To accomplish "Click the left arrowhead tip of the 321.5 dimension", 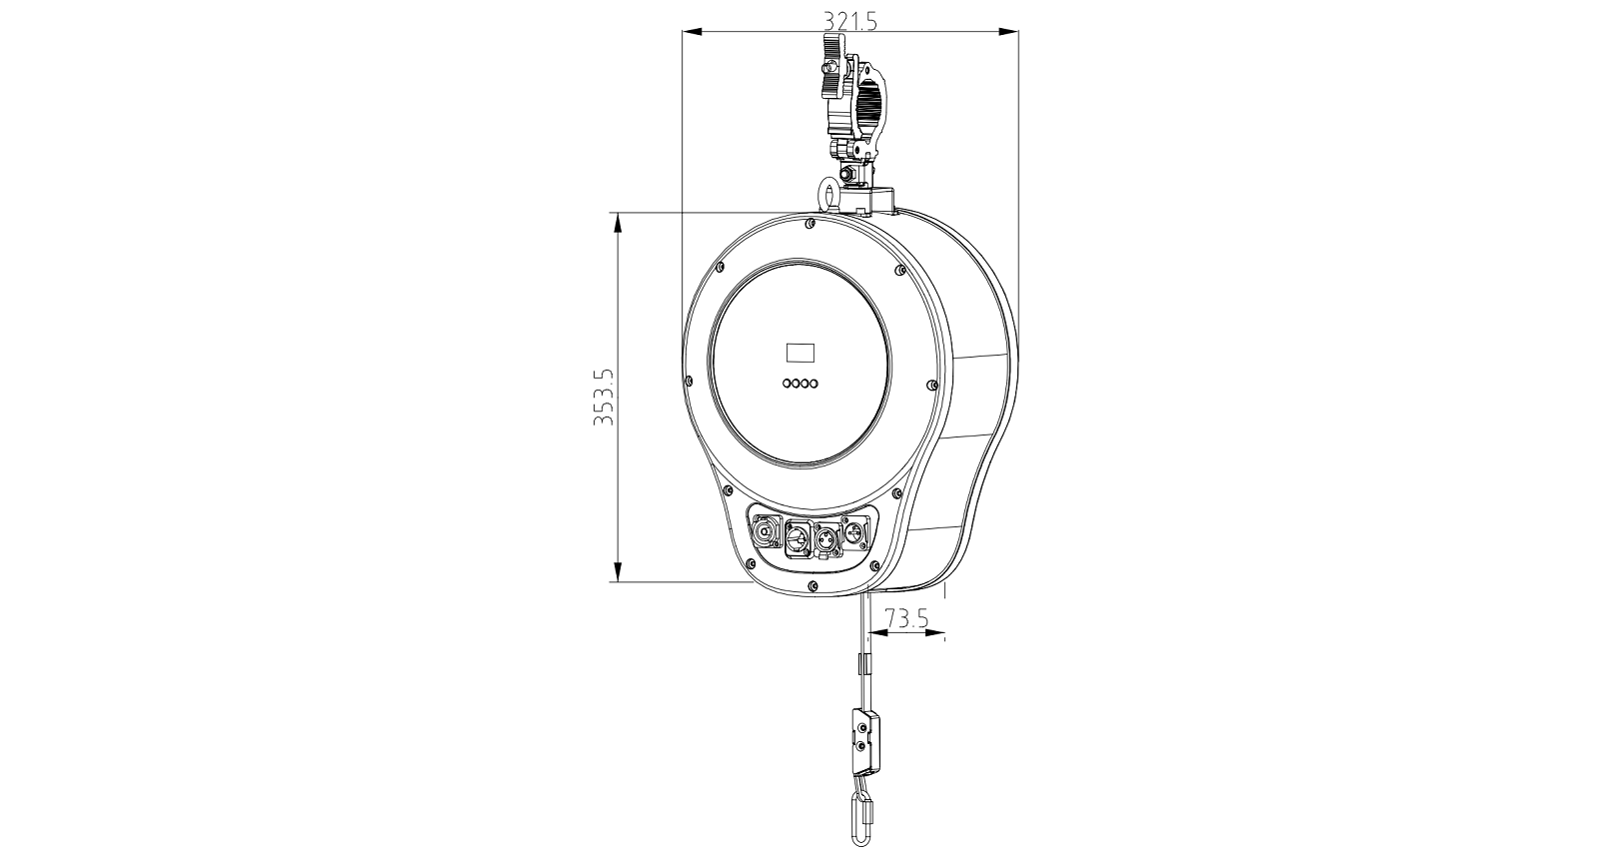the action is [683, 32].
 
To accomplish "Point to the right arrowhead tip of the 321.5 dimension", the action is [1018, 32].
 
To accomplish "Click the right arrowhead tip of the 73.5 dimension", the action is [945, 632].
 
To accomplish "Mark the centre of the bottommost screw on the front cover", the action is [812, 585].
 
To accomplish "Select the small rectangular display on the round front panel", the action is [800, 353].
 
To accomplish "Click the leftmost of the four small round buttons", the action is [787, 384].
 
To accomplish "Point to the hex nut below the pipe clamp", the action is [848, 174].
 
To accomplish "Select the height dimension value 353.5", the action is [604, 397].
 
